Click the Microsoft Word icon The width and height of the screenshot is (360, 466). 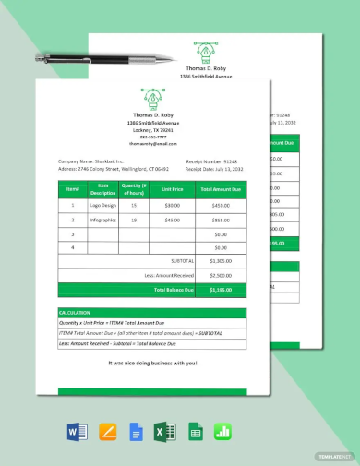75,431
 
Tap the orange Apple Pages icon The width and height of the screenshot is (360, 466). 104,431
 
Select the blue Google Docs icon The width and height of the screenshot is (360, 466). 134,431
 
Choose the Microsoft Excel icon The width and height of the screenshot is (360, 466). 164,431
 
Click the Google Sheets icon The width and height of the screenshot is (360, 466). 195,431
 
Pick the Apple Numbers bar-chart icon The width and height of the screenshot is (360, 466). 222,431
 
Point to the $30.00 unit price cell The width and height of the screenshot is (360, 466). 172,205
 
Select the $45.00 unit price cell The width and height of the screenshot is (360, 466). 172,220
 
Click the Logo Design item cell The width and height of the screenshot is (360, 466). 103,205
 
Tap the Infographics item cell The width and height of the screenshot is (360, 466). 103,220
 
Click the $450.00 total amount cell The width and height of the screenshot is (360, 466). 221,205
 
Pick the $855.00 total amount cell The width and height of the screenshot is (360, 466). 221,220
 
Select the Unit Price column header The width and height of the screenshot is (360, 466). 172,189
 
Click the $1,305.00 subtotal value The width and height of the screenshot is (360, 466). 221,261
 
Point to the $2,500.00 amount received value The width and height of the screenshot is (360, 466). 221,275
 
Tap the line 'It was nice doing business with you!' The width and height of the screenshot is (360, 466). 151,364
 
